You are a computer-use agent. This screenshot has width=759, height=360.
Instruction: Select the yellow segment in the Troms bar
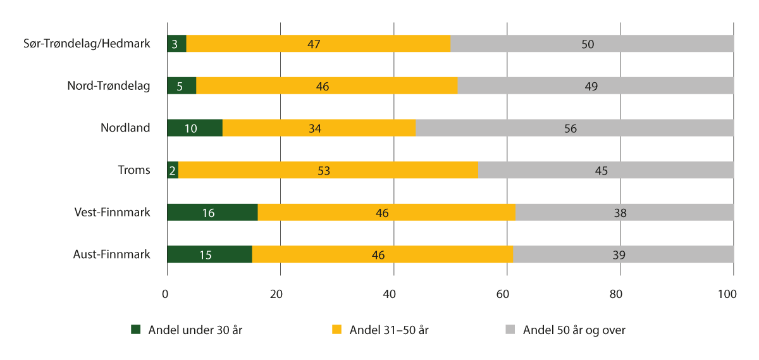(328, 170)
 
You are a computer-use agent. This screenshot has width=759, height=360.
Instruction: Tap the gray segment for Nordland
(574, 128)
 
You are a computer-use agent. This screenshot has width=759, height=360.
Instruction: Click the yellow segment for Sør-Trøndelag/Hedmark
(318, 44)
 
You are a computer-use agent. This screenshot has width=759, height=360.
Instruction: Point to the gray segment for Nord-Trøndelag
(595, 86)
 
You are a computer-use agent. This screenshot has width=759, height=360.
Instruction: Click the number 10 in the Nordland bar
(190, 128)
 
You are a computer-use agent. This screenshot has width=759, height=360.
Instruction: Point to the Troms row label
(133, 170)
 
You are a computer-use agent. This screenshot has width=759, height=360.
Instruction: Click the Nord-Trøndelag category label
(109, 85)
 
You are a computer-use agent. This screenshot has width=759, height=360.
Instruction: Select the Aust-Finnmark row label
(112, 254)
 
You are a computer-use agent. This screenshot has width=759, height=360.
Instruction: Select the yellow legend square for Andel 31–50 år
(336, 330)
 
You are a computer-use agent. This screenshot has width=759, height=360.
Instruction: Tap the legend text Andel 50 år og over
(574, 330)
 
